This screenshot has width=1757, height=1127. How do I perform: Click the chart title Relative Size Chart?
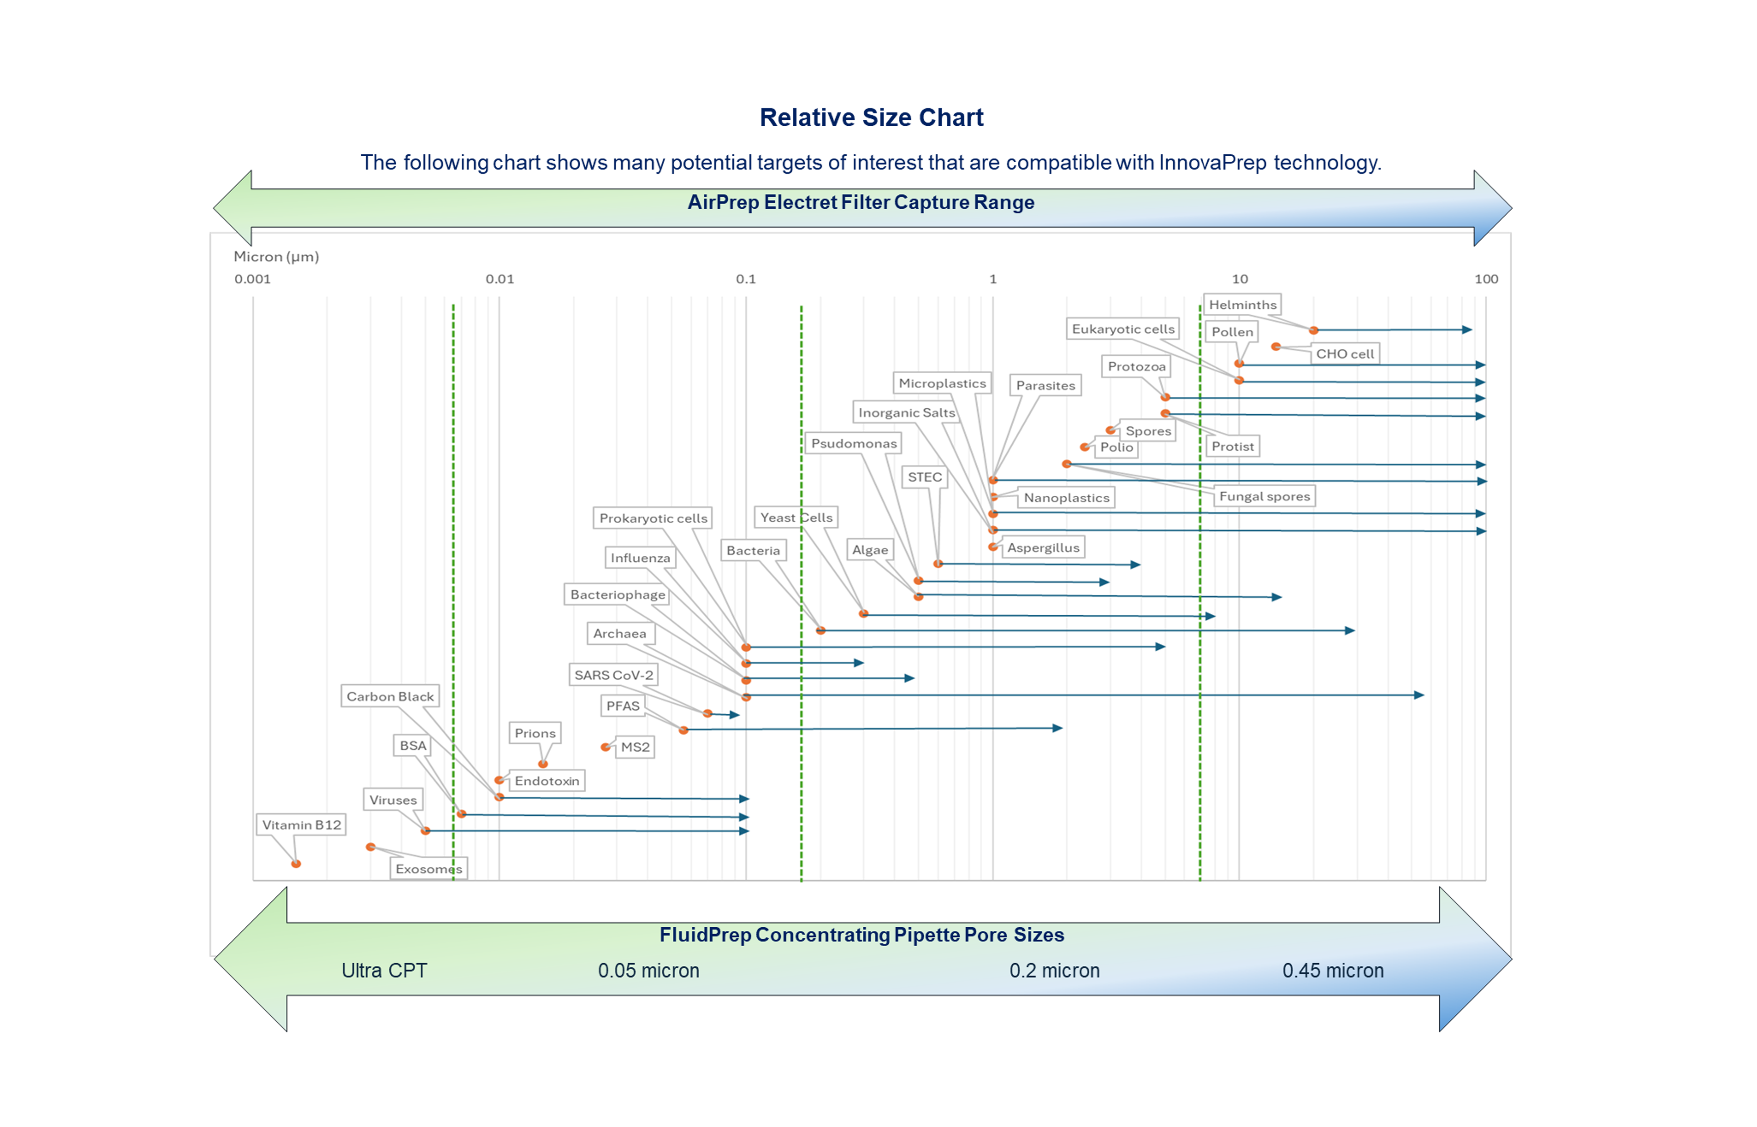pyautogui.click(x=871, y=118)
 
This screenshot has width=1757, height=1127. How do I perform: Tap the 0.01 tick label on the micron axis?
pyautogui.click(x=499, y=279)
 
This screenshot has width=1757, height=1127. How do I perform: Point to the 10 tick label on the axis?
pyautogui.click(x=1239, y=279)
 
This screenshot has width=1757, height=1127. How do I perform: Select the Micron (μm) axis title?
pyautogui.click(x=276, y=257)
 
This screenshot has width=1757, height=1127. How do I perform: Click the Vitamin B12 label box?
pyautogui.click(x=301, y=825)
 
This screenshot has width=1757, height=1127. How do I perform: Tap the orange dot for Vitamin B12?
pyautogui.click(x=296, y=864)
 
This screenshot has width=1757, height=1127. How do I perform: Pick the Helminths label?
pyautogui.click(x=1242, y=304)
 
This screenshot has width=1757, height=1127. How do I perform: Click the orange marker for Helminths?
pyautogui.click(x=1314, y=331)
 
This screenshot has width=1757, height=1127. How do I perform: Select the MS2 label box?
pyautogui.click(x=635, y=747)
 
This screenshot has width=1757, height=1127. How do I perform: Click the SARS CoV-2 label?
pyautogui.click(x=613, y=675)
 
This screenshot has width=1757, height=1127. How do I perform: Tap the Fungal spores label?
pyautogui.click(x=1264, y=496)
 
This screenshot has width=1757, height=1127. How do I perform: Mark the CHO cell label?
pyautogui.click(x=1345, y=354)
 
